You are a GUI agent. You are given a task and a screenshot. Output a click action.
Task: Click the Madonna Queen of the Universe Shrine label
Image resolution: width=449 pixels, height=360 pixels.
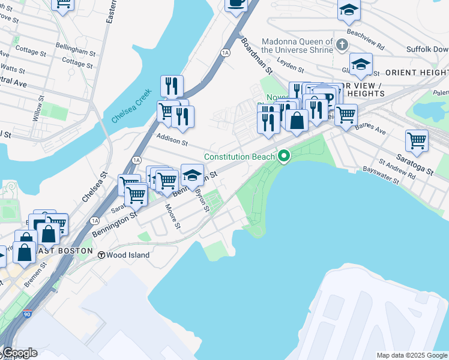pyautogui.click(x=297, y=46)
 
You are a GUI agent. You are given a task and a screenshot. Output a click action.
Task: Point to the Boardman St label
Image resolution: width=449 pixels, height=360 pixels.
pyautogui.click(x=257, y=56)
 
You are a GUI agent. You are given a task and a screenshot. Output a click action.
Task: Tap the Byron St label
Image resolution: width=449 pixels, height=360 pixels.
pyautogui.click(x=202, y=202)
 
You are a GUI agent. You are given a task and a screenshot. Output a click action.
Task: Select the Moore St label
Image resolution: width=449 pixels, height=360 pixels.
pyautogui.click(x=173, y=217)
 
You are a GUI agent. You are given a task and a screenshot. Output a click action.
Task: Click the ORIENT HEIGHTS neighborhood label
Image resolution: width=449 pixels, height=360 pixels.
pyautogui.click(x=417, y=73)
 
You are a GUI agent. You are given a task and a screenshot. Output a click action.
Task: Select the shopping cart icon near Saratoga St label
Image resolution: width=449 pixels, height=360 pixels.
pyautogui.click(x=417, y=141)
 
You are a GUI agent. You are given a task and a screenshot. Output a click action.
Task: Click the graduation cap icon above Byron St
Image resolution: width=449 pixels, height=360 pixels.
pyautogui.click(x=191, y=175)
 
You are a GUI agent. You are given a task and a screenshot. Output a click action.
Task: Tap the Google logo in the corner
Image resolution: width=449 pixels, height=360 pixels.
pyautogui.click(x=19, y=353)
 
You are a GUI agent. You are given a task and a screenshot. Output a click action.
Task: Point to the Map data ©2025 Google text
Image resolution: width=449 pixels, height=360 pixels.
pyautogui.click(x=412, y=355)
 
